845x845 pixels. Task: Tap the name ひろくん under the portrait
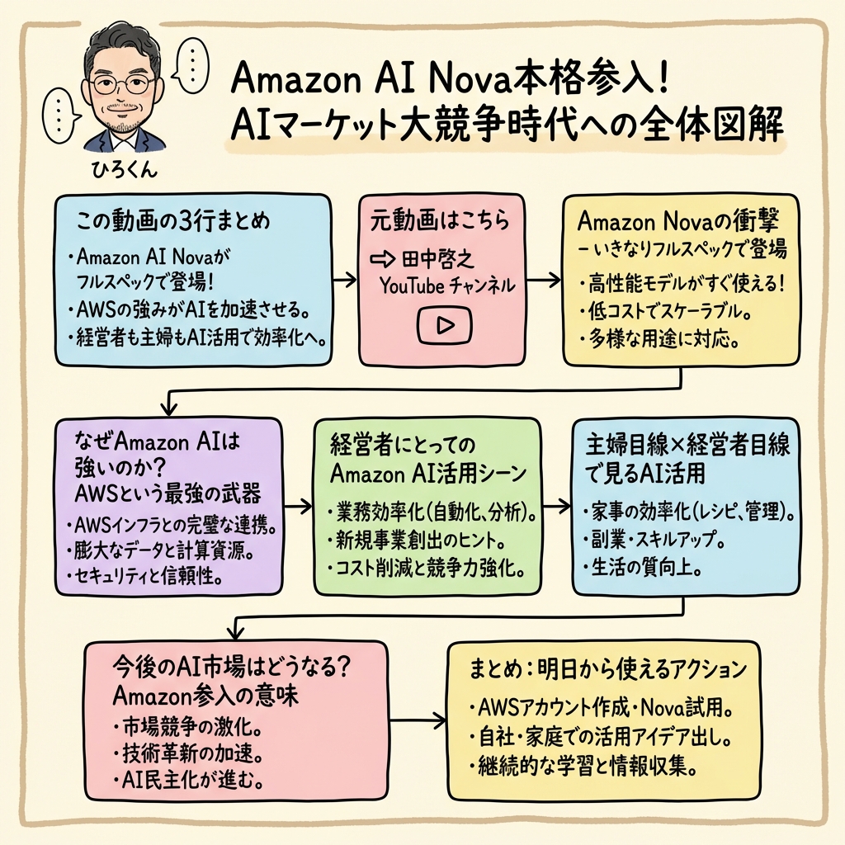124,171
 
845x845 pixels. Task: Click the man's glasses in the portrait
125,85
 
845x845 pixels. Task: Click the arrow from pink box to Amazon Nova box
541,281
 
